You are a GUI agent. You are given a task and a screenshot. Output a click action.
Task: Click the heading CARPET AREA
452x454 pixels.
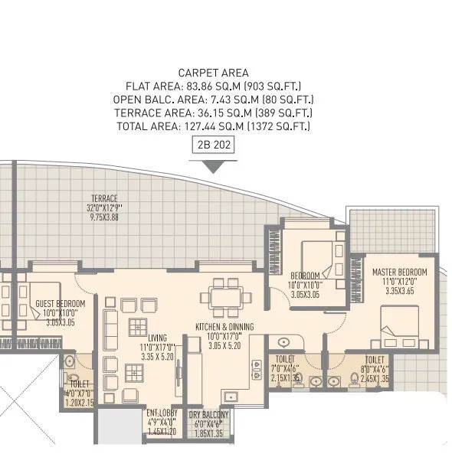(x=213, y=73)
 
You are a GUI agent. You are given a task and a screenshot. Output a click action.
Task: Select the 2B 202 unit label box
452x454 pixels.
(x=213, y=144)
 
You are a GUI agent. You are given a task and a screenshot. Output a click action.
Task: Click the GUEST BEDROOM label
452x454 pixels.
(x=60, y=303)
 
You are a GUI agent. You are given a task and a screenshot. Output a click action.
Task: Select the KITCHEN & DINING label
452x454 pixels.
(x=224, y=327)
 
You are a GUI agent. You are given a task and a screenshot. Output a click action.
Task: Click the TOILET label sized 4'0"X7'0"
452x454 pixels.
(x=79, y=384)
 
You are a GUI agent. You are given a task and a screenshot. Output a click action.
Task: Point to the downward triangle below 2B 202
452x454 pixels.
(x=213, y=161)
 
